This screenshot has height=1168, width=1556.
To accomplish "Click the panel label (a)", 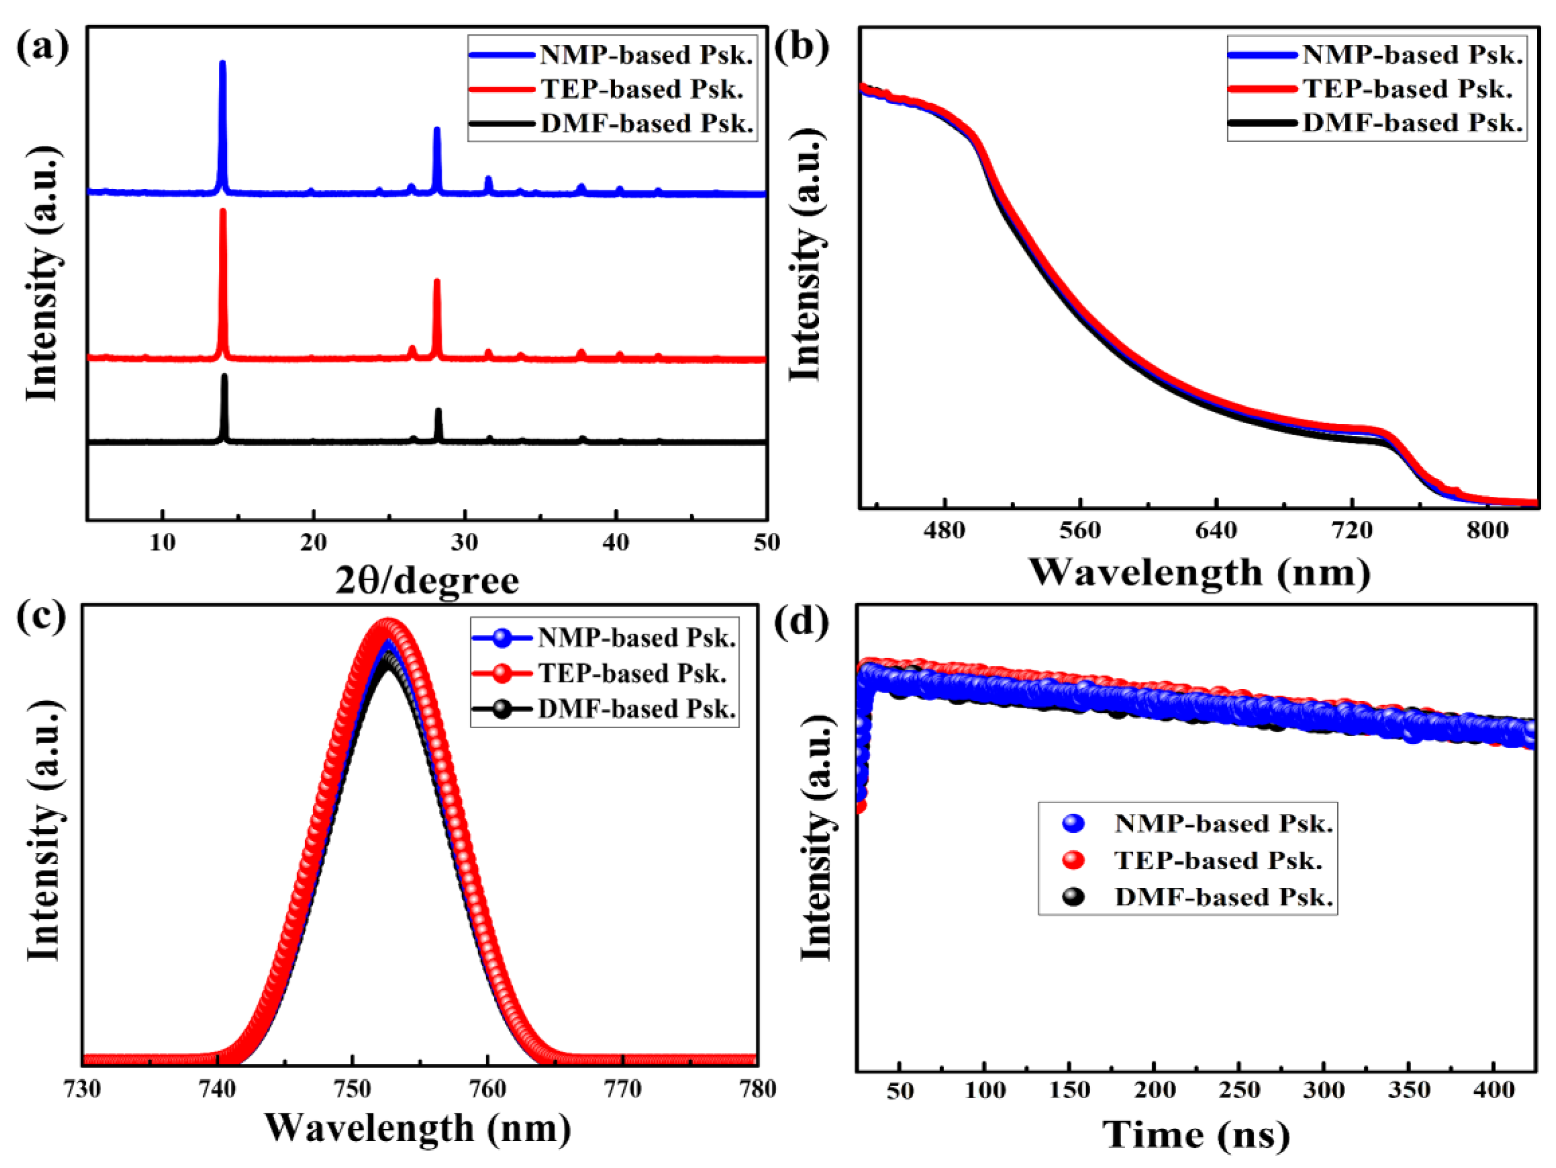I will (42, 48).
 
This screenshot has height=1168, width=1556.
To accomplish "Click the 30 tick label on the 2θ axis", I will (464, 542).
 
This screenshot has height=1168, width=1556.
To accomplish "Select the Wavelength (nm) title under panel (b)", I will (1199, 572).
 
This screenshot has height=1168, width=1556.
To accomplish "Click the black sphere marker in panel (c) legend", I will (502, 708).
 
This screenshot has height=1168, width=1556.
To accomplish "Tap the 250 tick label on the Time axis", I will (1239, 1090).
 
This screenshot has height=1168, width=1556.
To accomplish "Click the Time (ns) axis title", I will (1196, 1135).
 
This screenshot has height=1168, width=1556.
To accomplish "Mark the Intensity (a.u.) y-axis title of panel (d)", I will (816, 837).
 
